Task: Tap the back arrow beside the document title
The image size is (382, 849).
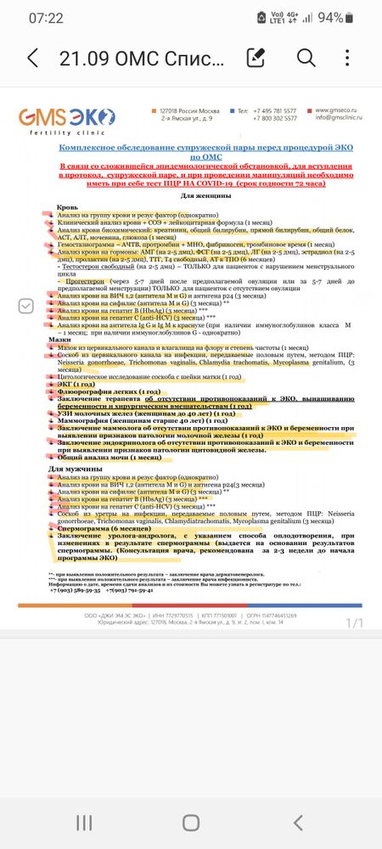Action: pyautogui.click(x=33, y=58)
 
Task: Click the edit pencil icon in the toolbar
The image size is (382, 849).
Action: pyautogui.click(x=255, y=58)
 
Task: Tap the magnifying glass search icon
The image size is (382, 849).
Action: pyautogui.click(x=306, y=58)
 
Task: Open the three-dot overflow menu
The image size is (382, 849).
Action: pyautogui.click(x=349, y=58)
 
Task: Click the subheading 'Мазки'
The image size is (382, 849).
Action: pyautogui.click(x=59, y=339)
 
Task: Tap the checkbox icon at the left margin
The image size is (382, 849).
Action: pyautogui.click(x=26, y=306)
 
